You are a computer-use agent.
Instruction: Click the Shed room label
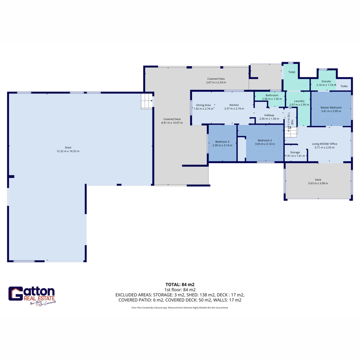click(x=68, y=147)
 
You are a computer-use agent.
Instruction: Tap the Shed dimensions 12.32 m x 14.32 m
click(x=68, y=151)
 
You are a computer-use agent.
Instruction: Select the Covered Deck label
click(x=172, y=119)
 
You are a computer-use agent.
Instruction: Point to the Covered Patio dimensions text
click(x=216, y=82)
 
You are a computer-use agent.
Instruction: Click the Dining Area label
click(x=203, y=105)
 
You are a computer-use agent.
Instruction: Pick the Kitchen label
click(x=234, y=105)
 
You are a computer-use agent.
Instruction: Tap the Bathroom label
click(x=270, y=95)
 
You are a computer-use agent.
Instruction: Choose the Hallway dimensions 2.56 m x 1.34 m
click(x=269, y=119)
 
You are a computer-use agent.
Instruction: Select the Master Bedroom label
click(x=331, y=107)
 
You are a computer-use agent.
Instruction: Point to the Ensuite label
click(x=326, y=81)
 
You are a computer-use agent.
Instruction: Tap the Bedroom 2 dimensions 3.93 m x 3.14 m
click(x=265, y=144)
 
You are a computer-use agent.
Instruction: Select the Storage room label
click(x=295, y=152)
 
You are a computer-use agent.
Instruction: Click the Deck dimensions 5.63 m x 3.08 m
click(x=318, y=183)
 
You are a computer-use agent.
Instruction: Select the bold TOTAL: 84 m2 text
click(x=180, y=284)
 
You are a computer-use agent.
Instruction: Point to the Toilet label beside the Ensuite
click(x=344, y=86)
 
